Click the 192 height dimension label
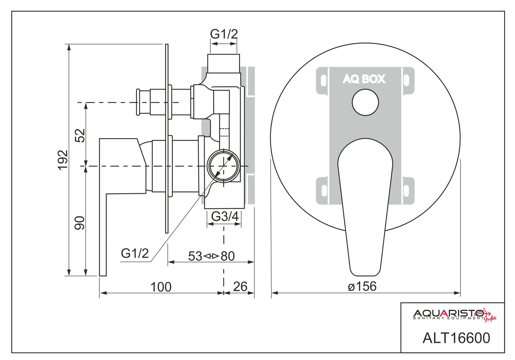pos(63,160)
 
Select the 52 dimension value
pos(80,135)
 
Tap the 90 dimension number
pos(80,223)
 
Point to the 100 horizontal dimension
pos(161,287)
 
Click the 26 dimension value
pos(240,287)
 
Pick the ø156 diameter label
pos(362,286)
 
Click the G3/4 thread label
pos(225,217)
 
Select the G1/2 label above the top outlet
pos(224,34)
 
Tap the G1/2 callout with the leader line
pos(135,253)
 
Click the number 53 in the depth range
pos(195,256)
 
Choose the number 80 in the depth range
pos(228,256)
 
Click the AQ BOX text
pos(364,79)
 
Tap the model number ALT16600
pos(456,338)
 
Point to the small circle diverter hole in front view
pos(365,102)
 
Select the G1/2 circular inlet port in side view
pos(223,166)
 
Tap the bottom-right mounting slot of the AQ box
pos(406,191)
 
